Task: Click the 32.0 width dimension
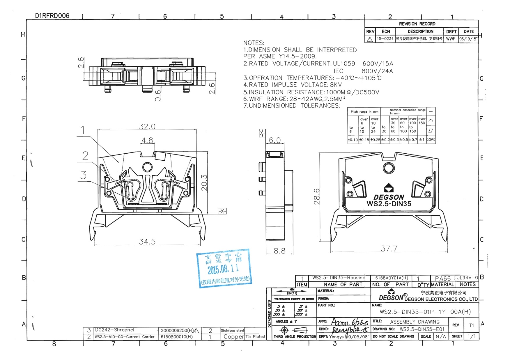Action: tap(147, 127)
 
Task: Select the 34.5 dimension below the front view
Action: tap(147, 242)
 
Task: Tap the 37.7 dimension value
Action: tap(389, 249)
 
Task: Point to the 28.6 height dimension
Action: tap(317, 196)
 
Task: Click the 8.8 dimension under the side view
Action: tap(279, 251)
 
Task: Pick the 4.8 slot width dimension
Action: tap(147, 140)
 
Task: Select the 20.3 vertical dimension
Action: tap(204, 182)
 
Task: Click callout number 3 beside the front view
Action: tap(84, 175)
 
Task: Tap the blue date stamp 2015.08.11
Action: tap(223, 269)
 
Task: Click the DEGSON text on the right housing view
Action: tap(389, 197)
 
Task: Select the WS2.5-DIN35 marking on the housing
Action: tap(389, 204)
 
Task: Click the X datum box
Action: tap(222, 211)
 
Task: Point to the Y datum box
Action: tap(262, 133)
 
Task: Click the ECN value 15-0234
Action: tap(385, 39)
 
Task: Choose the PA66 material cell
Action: tap(442, 279)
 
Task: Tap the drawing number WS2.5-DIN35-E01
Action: tap(422, 329)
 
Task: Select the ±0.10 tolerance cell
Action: tap(353, 140)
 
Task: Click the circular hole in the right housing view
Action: tap(389, 168)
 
